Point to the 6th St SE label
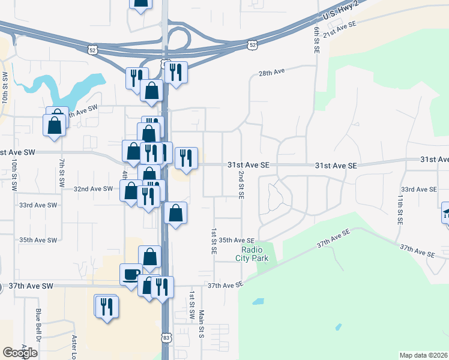coord(316,40)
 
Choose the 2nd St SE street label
coord(241,184)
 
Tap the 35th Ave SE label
coord(237,240)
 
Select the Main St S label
coord(202,325)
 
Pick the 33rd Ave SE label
coord(418,189)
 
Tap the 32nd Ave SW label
coord(93,188)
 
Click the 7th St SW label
coord(61,174)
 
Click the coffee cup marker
coord(131,275)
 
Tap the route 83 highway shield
coord(167,338)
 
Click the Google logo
coord(20,353)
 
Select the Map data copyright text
coord(424,355)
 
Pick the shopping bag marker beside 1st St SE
coord(175,213)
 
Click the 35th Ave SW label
coord(38,240)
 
